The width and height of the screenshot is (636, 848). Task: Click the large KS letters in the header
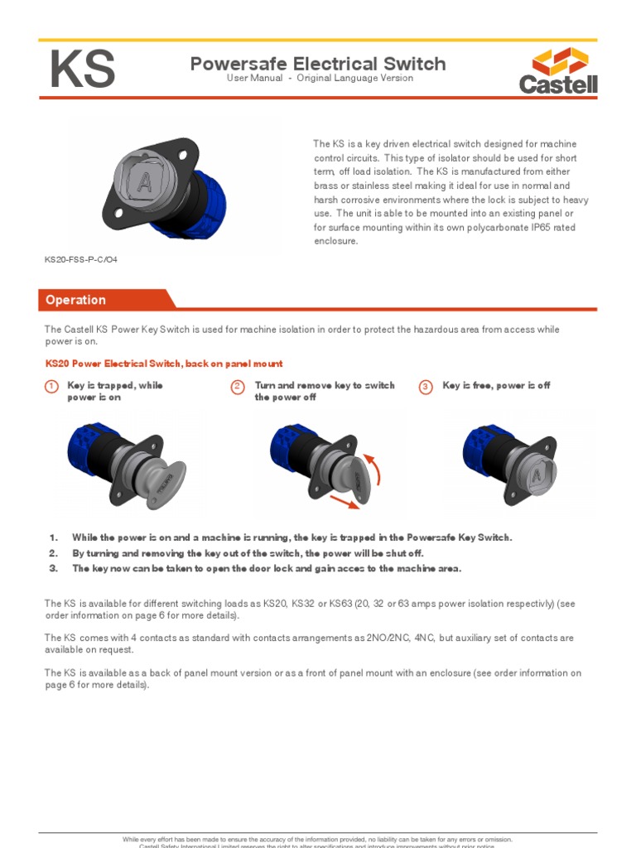pyautogui.click(x=82, y=70)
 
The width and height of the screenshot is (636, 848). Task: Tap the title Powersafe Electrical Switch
pyautogui.click(x=318, y=64)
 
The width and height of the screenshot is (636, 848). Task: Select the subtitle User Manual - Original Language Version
pyautogui.click(x=320, y=79)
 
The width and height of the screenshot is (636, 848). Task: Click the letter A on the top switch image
pyautogui.click(x=145, y=183)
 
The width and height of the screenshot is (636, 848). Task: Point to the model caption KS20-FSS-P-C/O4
pyautogui.click(x=80, y=259)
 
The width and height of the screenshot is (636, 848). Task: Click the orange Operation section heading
pyautogui.click(x=75, y=300)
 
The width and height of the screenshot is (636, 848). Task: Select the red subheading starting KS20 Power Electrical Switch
pyautogui.click(x=163, y=364)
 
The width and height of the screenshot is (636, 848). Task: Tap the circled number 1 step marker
pyautogui.click(x=51, y=387)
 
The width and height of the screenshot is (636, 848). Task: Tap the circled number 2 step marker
pyautogui.click(x=238, y=387)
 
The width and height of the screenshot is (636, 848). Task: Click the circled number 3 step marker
pyautogui.click(x=426, y=387)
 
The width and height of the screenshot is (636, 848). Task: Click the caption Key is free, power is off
pyautogui.click(x=496, y=386)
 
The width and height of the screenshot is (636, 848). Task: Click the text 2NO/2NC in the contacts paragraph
pyautogui.click(x=383, y=638)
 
